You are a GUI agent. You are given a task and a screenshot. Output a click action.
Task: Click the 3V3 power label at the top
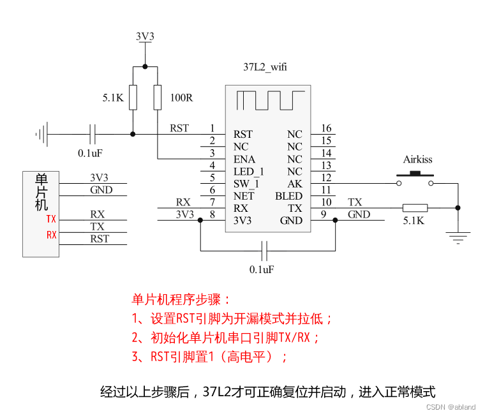click(x=145, y=37)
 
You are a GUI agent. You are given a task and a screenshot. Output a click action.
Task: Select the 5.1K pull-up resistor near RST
click(x=132, y=98)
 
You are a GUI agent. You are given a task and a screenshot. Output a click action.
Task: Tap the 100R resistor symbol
click(x=158, y=98)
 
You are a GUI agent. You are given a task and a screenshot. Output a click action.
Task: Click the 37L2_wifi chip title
click(x=265, y=66)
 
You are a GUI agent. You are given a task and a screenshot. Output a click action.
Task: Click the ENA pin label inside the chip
click(x=244, y=159)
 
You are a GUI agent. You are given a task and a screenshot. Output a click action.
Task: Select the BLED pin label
click(x=288, y=196)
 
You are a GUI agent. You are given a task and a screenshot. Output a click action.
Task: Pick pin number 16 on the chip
click(x=326, y=129)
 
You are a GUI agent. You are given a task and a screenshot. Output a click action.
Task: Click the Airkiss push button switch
click(x=415, y=181)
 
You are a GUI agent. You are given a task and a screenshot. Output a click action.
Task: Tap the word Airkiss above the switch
click(x=417, y=160)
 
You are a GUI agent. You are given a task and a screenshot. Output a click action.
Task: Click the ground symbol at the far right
click(x=457, y=238)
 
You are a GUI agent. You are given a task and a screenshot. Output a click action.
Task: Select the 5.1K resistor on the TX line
click(x=415, y=207)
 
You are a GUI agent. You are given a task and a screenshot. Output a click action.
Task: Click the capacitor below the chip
click(x=267, y=250)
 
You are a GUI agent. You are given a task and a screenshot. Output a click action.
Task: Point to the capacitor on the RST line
click(x=93, y=134)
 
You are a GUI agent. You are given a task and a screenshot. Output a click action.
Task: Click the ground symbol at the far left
click(x=41, y=134)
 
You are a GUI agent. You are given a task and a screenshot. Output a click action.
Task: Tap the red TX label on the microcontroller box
click(x=51, y=219)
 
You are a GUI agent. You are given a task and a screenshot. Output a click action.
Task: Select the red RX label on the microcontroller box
click(x=51, y=235)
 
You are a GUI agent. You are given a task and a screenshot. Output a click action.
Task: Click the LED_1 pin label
click(x=249, y=172)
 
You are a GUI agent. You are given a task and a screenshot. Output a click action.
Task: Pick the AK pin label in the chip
click(x=295, y=184)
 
